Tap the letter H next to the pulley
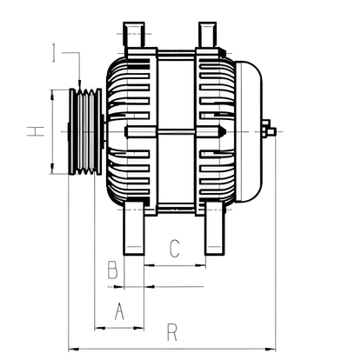(34, 131)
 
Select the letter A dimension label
(119, 310)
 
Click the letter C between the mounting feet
(173, 250)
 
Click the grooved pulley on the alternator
(84, 131)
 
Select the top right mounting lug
(206, 35)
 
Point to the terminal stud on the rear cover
(270, 131)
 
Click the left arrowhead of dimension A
(96, 327)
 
